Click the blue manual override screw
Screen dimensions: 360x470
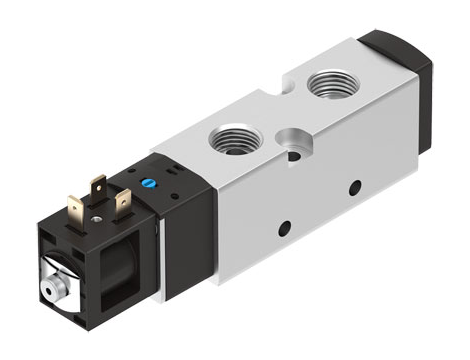(x=151, y=184)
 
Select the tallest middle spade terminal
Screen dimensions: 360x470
(x=98, y=189)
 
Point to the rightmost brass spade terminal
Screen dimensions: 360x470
(x=123, y=203)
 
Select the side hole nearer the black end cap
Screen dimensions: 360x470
(x=355, y=187)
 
